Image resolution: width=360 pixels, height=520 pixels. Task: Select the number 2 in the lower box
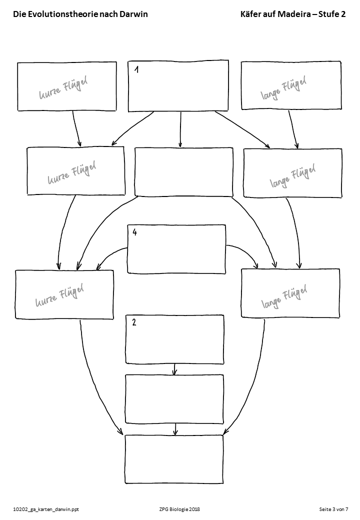[134, 322]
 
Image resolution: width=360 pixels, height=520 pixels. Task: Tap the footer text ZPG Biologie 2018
[178, 509]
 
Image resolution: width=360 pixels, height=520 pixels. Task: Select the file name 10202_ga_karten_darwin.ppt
[46, 509]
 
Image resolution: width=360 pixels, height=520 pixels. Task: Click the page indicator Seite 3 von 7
[333, 509]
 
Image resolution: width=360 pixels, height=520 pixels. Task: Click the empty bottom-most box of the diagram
[173, 459]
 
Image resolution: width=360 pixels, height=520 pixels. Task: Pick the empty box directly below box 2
[174, 399]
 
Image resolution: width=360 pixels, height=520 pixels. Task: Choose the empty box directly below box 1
[183, 172]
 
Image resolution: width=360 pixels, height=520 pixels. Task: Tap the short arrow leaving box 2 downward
[174, 369]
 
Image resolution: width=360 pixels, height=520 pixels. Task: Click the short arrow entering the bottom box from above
[174, 429]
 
